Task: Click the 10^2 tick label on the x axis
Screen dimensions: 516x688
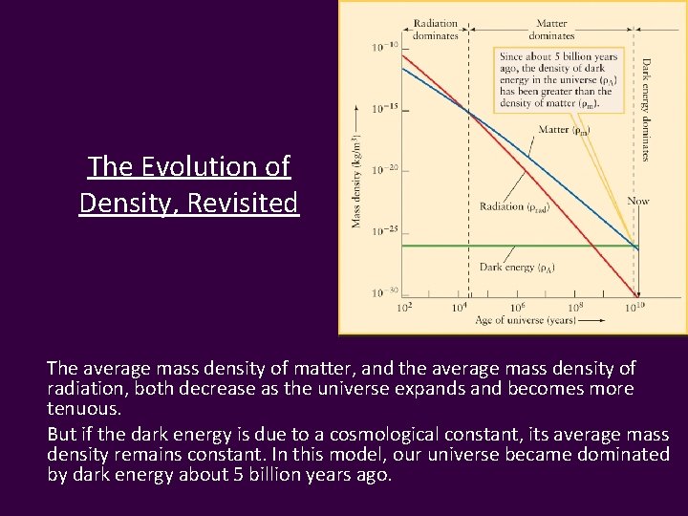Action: (x=404, y=307)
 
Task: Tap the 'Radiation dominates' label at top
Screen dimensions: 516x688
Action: (x=436, y=28)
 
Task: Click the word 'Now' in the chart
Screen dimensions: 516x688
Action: (x=637, y=201)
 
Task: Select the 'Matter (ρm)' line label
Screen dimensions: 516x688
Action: (x=564, y=129)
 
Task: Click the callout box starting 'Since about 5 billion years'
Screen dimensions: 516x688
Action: (x=558, y=82)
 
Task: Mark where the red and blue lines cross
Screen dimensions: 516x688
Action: (x=467, y=112)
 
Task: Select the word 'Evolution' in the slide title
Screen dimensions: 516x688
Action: (x=200, y=167)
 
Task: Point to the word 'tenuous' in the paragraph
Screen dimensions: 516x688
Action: (x=81, y=408)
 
